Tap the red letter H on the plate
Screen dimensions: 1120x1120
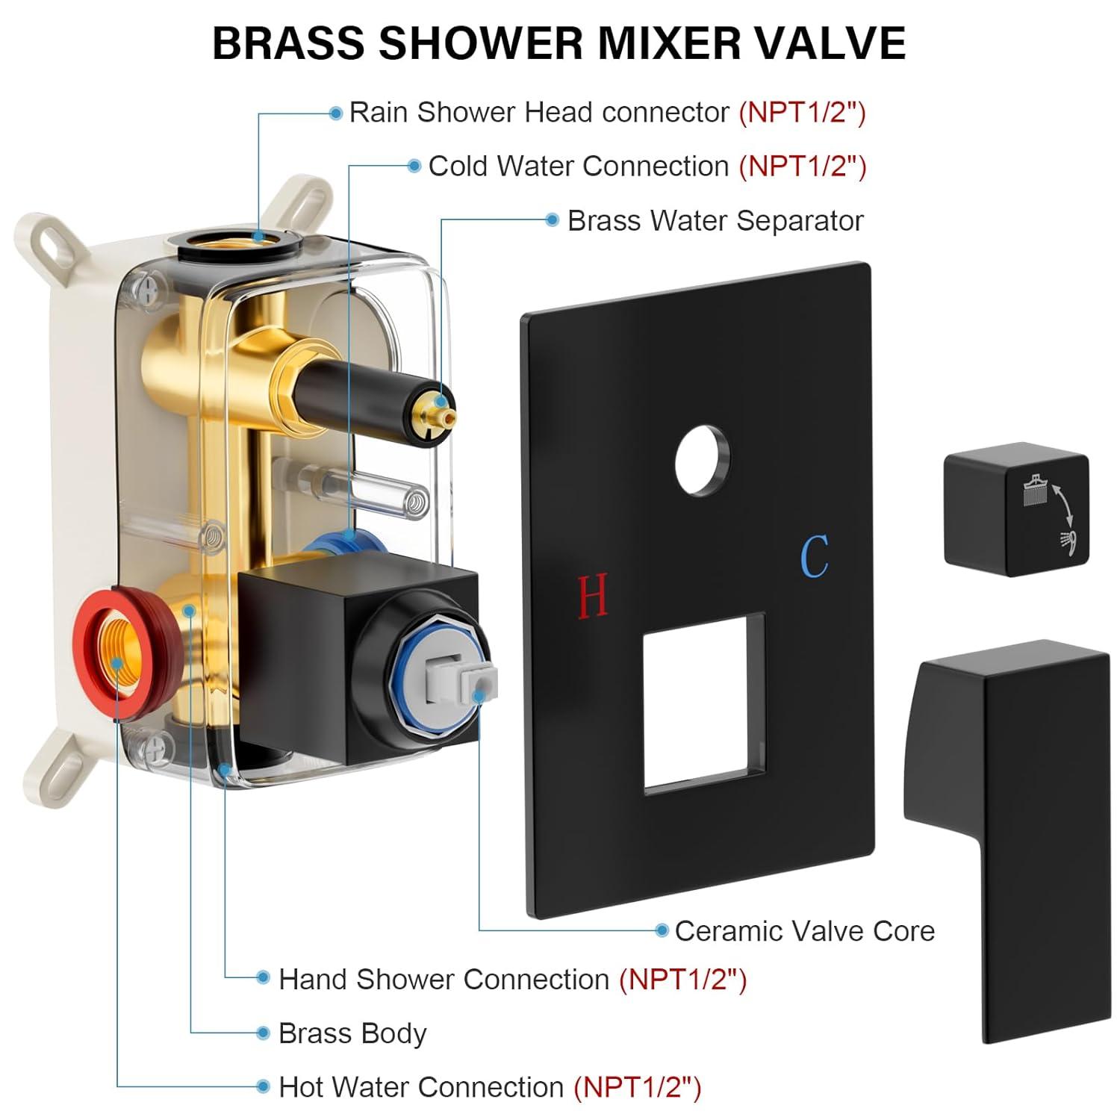pyautogui.click(x=594, y=595)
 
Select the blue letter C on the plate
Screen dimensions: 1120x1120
pyautogui.click(x=814, y=556)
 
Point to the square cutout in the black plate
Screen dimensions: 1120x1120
pyautogui.click(x=704, y=702)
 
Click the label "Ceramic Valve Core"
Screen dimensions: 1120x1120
pyautogui.click(x=804, y=931)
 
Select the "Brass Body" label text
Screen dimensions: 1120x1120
pyautogui.click(x=352, y=1033)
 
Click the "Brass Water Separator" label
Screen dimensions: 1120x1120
pyautogui.click(x=715, y=220)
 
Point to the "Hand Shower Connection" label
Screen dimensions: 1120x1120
pyautogui.click(x=444, y=979)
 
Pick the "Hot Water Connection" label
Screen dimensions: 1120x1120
pyautogui.click(x=420, y=1087)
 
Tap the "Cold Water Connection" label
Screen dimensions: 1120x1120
pyautogui.click(x=579, y=166)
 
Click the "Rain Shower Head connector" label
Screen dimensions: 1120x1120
pyautogui.click(x=539, y=112)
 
